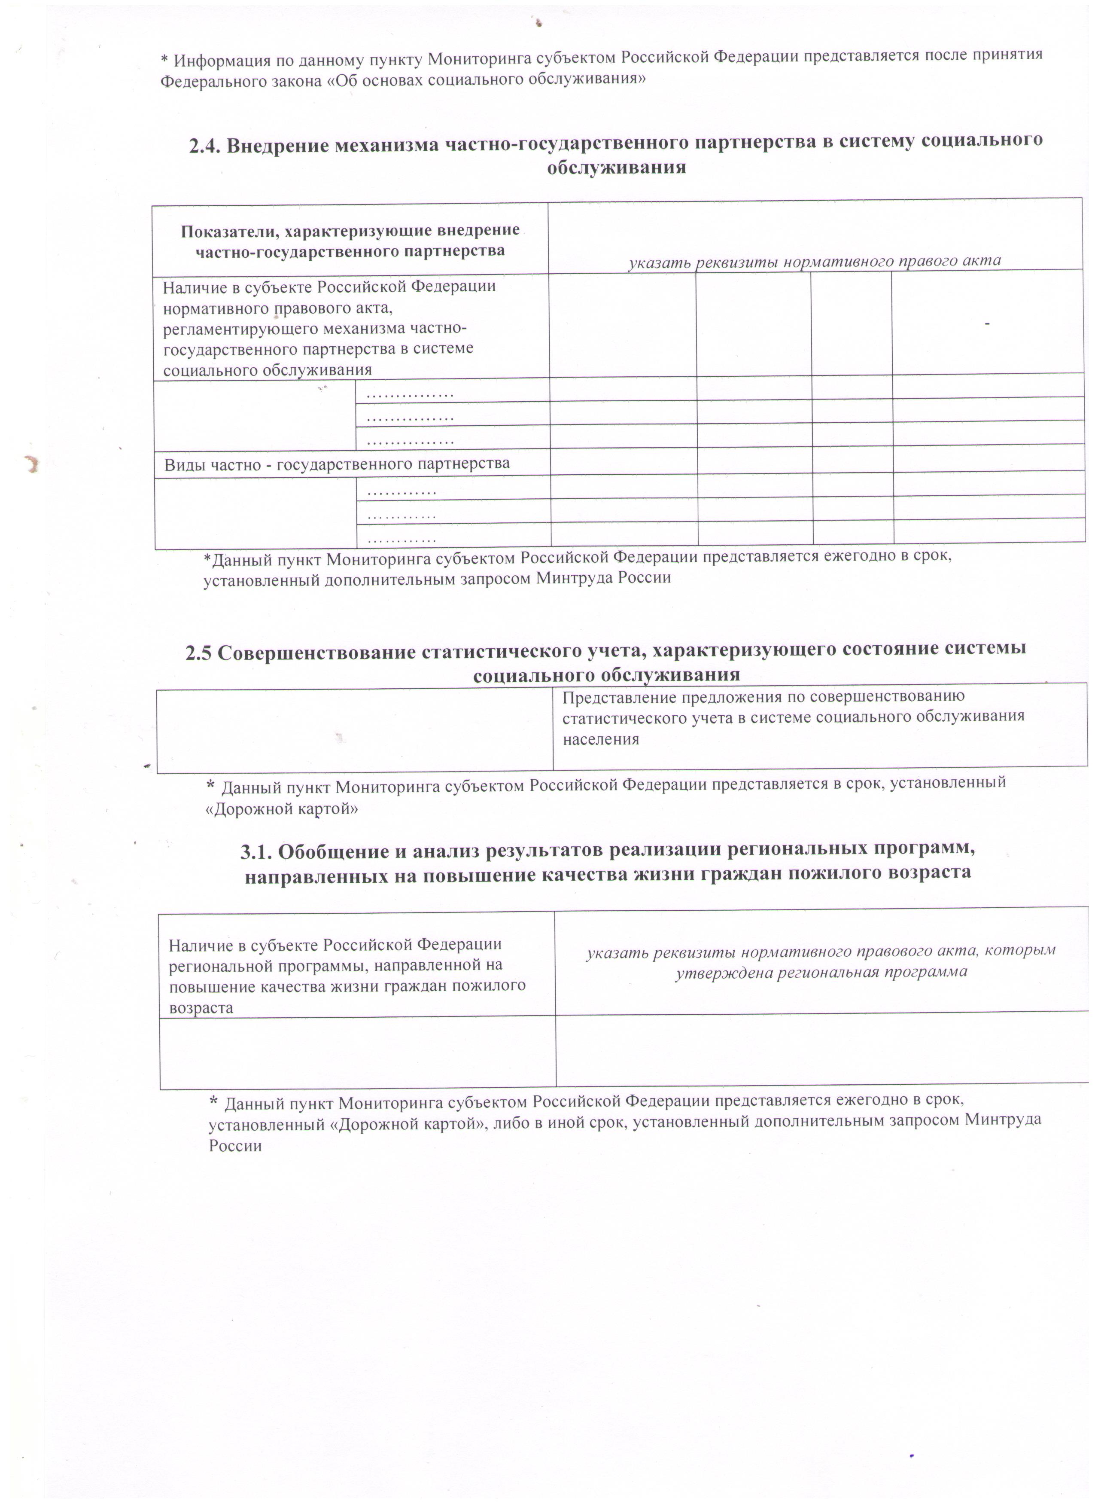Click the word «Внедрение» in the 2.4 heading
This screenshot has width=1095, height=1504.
pyautogui.click(x=278, y=145)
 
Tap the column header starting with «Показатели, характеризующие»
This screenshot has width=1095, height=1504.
pyautogui.click(x=350, y=240)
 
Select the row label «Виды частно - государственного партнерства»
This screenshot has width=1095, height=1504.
pyautogui.click(x=337, y=464)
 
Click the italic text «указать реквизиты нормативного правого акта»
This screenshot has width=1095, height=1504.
pyautogui.click(x=814, y=261)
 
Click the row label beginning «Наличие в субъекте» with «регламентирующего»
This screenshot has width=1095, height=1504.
pyautogui.click(x=329, y=328)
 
